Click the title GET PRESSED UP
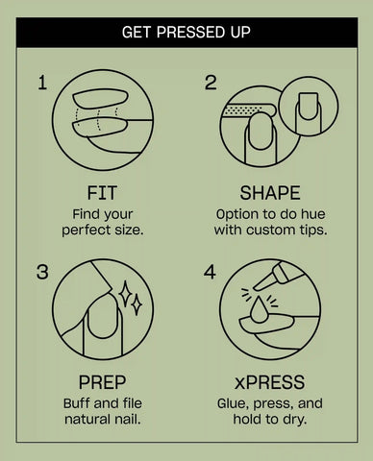coord(186,33)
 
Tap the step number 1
coord(42,83)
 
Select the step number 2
coord(211,83)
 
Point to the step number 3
coord(42,272)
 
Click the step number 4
coord(210,272)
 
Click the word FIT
coord(102,193)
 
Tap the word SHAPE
coord(270,193)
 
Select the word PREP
coord(102,382)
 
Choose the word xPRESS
coord(270,382)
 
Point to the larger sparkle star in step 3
coord(125,293)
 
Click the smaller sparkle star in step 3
coord(137,304)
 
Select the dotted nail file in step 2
coord(248,110)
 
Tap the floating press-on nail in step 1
coord(100,98)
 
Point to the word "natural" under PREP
coord(86,420)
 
